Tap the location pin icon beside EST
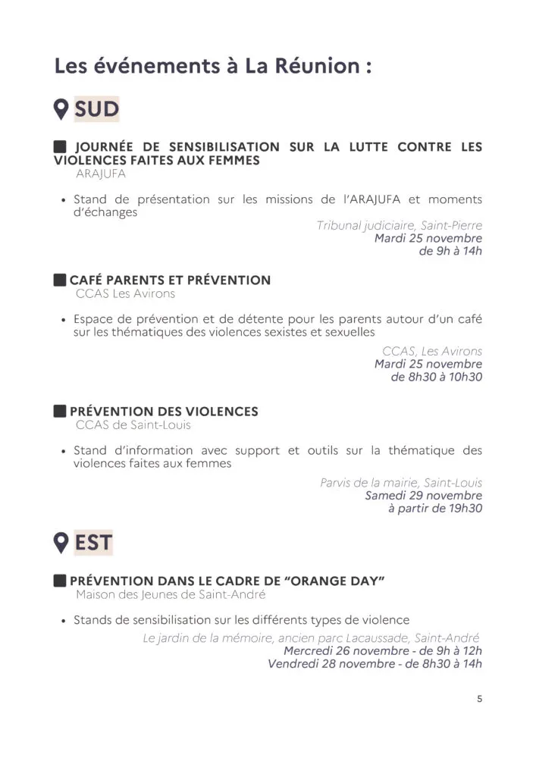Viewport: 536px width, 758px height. pyautogui.click(x=61, y=543)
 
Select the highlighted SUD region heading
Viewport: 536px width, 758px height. pyautogui.click(x=97, y=109)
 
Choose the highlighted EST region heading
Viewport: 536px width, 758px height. pyautogui.click(x=93, y=543)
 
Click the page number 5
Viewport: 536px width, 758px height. pyautogui.click(x=479, y=699)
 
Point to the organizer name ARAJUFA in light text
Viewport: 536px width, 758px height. pyautogui.click(x=101, y=174)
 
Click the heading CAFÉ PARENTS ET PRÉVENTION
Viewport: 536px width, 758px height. pyautogui.click(x=170, y=280)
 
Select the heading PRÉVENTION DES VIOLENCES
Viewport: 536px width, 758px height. pyautogui.click(x=164, y=412)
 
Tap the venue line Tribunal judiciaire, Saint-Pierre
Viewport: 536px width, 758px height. pyautogui.click(x=400, y=226)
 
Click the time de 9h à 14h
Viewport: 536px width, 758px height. pyautogui.click(x=450, y=251)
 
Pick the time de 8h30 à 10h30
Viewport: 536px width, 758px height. pyautogui.click(x=437, y=377)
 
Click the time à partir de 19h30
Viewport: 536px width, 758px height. pyautogui.click(x=435, y=509)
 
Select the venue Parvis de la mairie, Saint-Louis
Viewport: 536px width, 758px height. pyautogui.click(x=401, y=483)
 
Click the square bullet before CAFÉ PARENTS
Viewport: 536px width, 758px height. pyautogui.click(x=60, y=280)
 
